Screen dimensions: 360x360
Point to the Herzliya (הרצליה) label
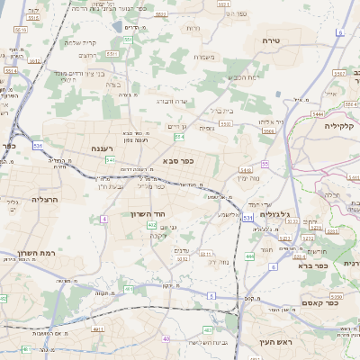coord(45,199)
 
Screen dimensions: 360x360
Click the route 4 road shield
coord(104,219)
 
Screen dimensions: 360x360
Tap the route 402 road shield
coord(152,225)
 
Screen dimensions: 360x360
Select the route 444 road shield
coord(248,256)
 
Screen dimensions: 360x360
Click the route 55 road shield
coord(265,163)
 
